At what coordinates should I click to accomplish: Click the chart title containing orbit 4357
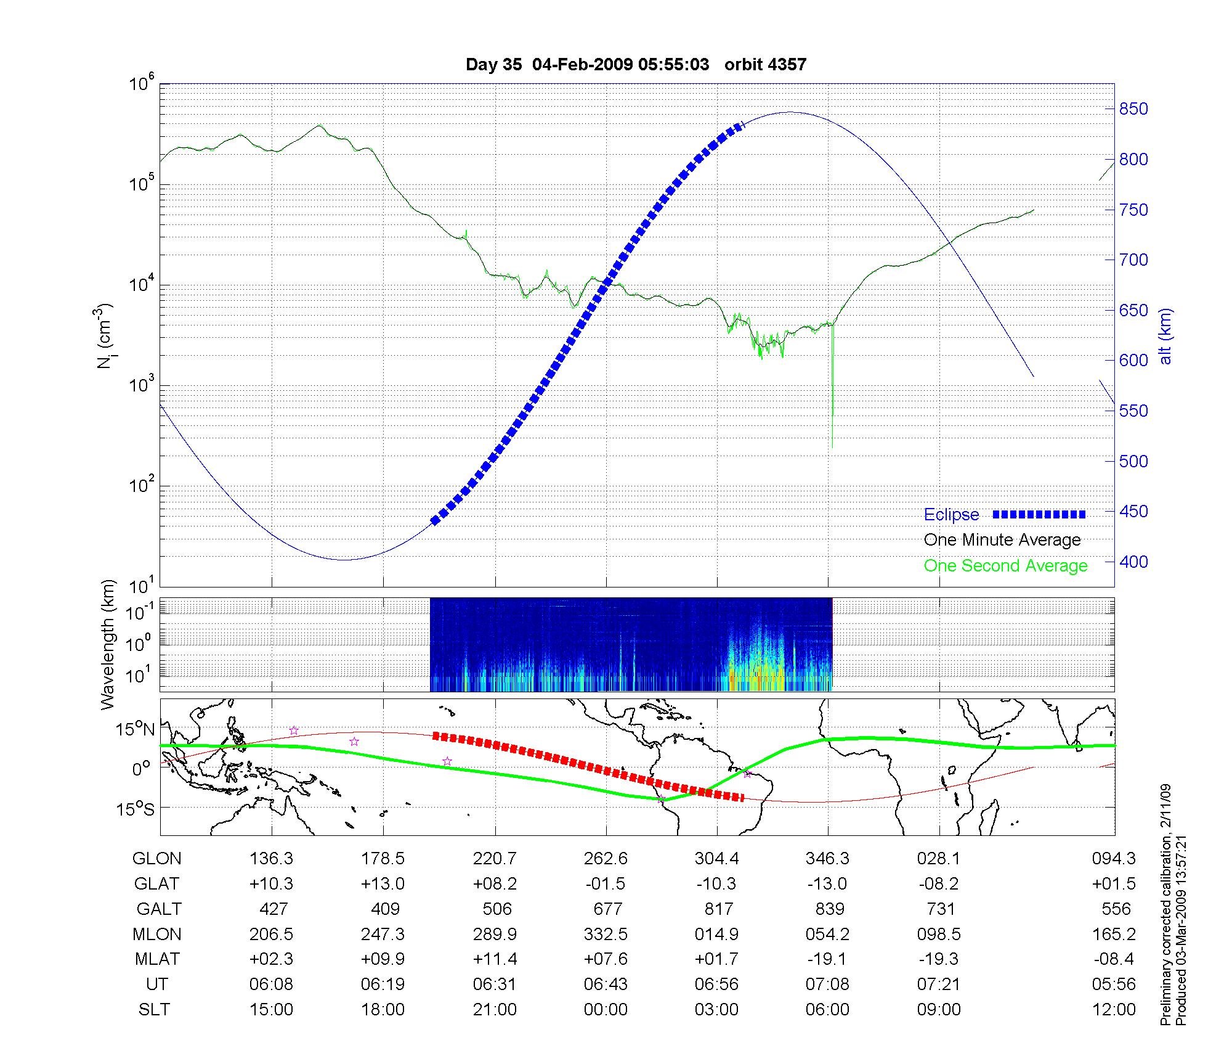[x=636, y=65]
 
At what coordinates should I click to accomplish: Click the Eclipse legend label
[x=951, y=515]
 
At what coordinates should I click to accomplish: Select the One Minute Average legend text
[x=1002, y=540]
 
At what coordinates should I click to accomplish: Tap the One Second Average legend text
[x=1005, y=566]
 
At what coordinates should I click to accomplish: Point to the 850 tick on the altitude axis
[x=1133, y=109]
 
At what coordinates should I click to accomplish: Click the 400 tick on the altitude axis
[x=1133, y=562]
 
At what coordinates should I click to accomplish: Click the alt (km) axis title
[x=1165, y=336]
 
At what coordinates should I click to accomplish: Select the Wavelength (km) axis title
[x=108, y=644]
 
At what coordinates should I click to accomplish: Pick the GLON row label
[x=157, y=858]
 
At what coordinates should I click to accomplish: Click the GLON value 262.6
[x=606, y=858]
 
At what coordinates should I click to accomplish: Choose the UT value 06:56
[x=716, y=984]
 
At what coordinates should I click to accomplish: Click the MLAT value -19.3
[x=939, y=959]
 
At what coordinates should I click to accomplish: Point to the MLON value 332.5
[x=606, y=934]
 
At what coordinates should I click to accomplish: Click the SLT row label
[x=154, y=1009]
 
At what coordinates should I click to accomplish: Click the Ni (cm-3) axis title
[x=105, y=336]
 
